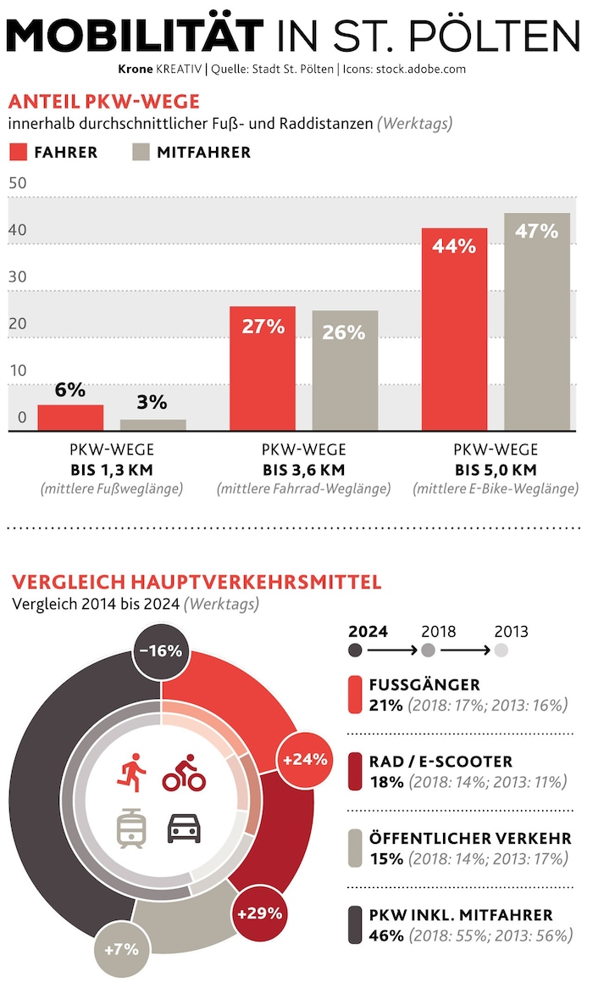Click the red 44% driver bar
454,331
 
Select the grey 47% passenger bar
537,322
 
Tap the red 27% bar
263,369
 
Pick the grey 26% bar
345,371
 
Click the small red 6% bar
70,418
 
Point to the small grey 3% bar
153,425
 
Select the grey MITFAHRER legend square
141,153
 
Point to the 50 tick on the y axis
18,183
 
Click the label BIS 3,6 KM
303,470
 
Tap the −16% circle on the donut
161,651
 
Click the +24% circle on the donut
305,760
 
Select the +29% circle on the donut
259,914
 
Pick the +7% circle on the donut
120,949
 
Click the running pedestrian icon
132,772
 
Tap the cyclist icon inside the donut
180,772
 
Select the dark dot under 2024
356,651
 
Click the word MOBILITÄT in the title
136,36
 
